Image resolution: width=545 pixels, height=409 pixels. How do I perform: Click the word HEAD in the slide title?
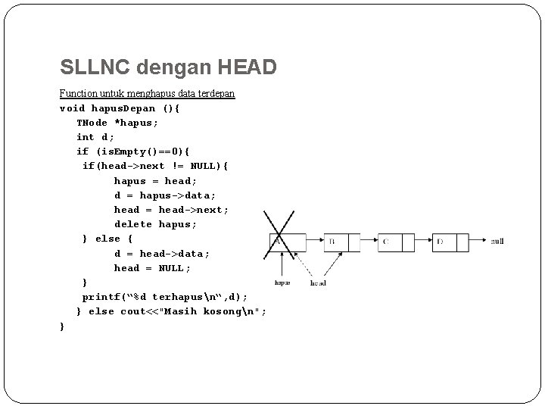click(x=247, y=68)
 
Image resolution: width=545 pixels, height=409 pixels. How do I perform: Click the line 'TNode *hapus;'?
click(x=117, y=123)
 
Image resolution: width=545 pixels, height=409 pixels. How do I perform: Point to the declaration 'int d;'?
click(x=95, y=137)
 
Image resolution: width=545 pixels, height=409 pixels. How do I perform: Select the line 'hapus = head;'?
click(x=155, y=181)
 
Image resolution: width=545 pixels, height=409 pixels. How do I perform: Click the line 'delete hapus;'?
click(x=155, y=224)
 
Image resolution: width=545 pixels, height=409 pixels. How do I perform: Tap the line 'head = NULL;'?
click(x=152, y=268)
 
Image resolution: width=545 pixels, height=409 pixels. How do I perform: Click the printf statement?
click(x=164, y=297)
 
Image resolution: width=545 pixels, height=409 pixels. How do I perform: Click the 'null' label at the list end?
click(x=497, y=242)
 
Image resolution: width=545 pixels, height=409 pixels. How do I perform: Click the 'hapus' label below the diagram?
click(x=282, y=283)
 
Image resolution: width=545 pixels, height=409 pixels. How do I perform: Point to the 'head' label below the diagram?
click(x=318, y=283)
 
